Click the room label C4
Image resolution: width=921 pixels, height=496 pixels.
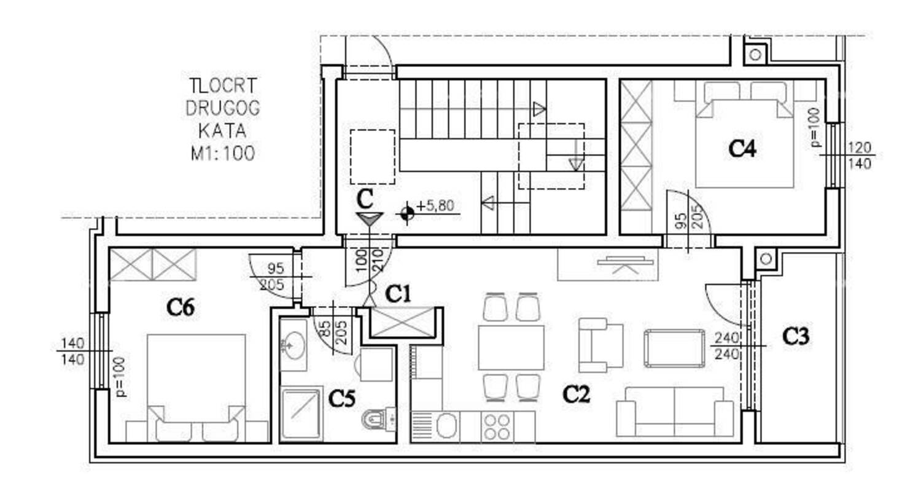(742, 149)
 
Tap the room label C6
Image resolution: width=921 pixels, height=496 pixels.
(181, 307)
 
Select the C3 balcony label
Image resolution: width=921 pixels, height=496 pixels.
(796, 336)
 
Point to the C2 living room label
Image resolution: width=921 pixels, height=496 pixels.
(576, 394)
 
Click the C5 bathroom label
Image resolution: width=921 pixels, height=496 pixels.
(341, 398)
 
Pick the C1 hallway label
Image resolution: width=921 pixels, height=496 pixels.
(398, 294)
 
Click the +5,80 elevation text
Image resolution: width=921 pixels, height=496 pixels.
(435, 205)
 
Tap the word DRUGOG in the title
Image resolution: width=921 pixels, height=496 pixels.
(223, 108)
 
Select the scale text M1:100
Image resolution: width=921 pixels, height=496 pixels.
(223, 154)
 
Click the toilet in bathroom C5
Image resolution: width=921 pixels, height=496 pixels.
(379, 419)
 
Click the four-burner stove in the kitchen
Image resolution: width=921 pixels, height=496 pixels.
(497, 427)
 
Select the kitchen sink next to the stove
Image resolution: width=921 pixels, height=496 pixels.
(447, 426)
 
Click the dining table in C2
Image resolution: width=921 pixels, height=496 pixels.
(511, 348)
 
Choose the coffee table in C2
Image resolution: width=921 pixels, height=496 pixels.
(674, 348)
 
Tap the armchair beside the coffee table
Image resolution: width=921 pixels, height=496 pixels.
(600, 345)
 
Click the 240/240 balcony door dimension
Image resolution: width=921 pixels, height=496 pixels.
(727, 346)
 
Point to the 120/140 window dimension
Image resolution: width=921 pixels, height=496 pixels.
(860, 155)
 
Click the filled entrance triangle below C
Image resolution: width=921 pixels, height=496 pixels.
(370, 219)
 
